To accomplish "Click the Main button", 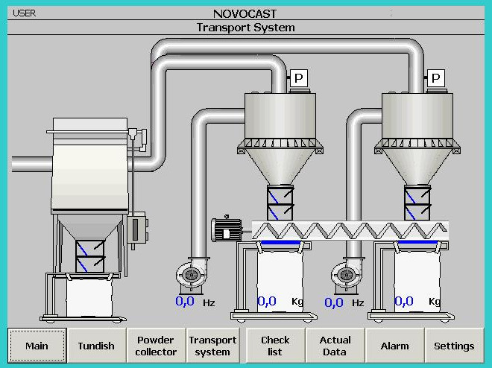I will (37, 346).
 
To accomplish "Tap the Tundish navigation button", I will (96, 346).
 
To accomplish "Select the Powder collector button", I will (156, 346).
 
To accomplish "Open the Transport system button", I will (212, 346).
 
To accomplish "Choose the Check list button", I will (275, 346).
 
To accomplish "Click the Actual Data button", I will (335, 346).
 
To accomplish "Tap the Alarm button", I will (394, 346).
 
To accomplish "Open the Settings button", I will (454, 346).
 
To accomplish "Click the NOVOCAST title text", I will (245, 13).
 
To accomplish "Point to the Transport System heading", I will (245, 28).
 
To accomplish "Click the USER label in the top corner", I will (25, 13).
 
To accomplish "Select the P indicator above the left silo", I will (299, 77).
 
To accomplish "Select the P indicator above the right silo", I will (436, 77).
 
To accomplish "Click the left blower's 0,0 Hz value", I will (185, 302).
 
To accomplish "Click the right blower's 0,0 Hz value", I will (334, 302).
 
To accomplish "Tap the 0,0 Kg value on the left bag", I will (267, 302).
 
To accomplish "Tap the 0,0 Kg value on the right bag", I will (404, 302).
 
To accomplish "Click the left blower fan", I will (192, 275).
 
